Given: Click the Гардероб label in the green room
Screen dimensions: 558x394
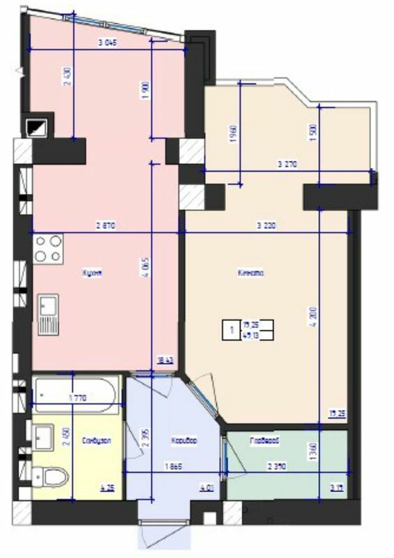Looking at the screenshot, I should tap(266, 441).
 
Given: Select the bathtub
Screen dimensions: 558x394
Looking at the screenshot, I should tap(77, 395).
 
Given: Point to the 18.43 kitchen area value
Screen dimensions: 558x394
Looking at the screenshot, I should tap(164, 360).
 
